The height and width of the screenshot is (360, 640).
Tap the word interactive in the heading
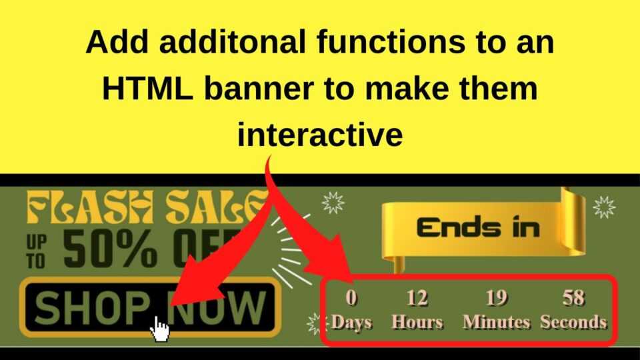[x=320, y=135]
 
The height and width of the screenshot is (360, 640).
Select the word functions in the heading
[x=365, y=43]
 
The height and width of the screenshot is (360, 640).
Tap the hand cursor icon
[x=159, y=329]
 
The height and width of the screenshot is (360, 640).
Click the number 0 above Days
[x=352, y=297]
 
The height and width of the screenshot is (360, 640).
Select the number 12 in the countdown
[x=417, y=297]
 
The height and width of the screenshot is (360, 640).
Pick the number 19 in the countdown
[x=496, y=297]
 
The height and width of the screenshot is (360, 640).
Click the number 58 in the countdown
[x=573, y=297]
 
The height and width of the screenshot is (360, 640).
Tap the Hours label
[x=417, y=323]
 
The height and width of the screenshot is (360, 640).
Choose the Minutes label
[x=496, y=323]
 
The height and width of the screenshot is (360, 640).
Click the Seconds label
[x=573, y=323]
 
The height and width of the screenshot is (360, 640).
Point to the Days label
[x=352, y=323]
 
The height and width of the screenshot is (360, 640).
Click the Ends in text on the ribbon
[x=477, y=227]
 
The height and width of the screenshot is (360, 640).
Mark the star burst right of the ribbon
[x=604, y=207]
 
